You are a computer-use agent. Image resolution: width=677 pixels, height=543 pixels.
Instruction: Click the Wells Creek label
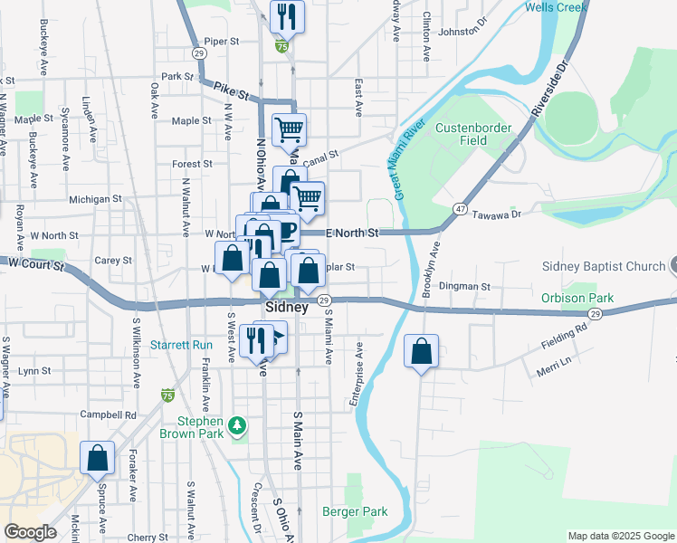click(557, 7)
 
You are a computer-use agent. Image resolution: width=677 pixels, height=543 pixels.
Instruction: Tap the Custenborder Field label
click(473, 134)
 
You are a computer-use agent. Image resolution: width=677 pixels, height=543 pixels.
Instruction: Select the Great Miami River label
click(409, 160)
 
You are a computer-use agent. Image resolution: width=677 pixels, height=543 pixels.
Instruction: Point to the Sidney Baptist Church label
click(604, 266)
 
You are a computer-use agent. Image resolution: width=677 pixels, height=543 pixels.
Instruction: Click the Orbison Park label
click(577, 298)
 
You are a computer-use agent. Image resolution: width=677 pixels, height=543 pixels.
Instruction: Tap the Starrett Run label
click(181, 345)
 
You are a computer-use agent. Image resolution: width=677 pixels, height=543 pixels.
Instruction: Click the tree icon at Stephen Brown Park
click(237, 424)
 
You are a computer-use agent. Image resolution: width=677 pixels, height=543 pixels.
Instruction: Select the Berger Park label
click(355, 511)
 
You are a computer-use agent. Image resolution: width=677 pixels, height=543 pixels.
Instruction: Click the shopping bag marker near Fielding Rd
click(421, 351)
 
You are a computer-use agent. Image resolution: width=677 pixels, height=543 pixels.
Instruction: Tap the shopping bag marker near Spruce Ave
click(97, 458)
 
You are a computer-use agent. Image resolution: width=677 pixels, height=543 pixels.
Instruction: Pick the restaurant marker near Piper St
click(287, 15)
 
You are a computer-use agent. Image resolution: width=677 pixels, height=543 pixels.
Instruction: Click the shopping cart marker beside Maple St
click(289, 129)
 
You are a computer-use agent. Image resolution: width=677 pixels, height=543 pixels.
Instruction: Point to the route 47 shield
click(461, 209)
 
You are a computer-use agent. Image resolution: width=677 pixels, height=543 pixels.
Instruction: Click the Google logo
click(30, 532)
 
